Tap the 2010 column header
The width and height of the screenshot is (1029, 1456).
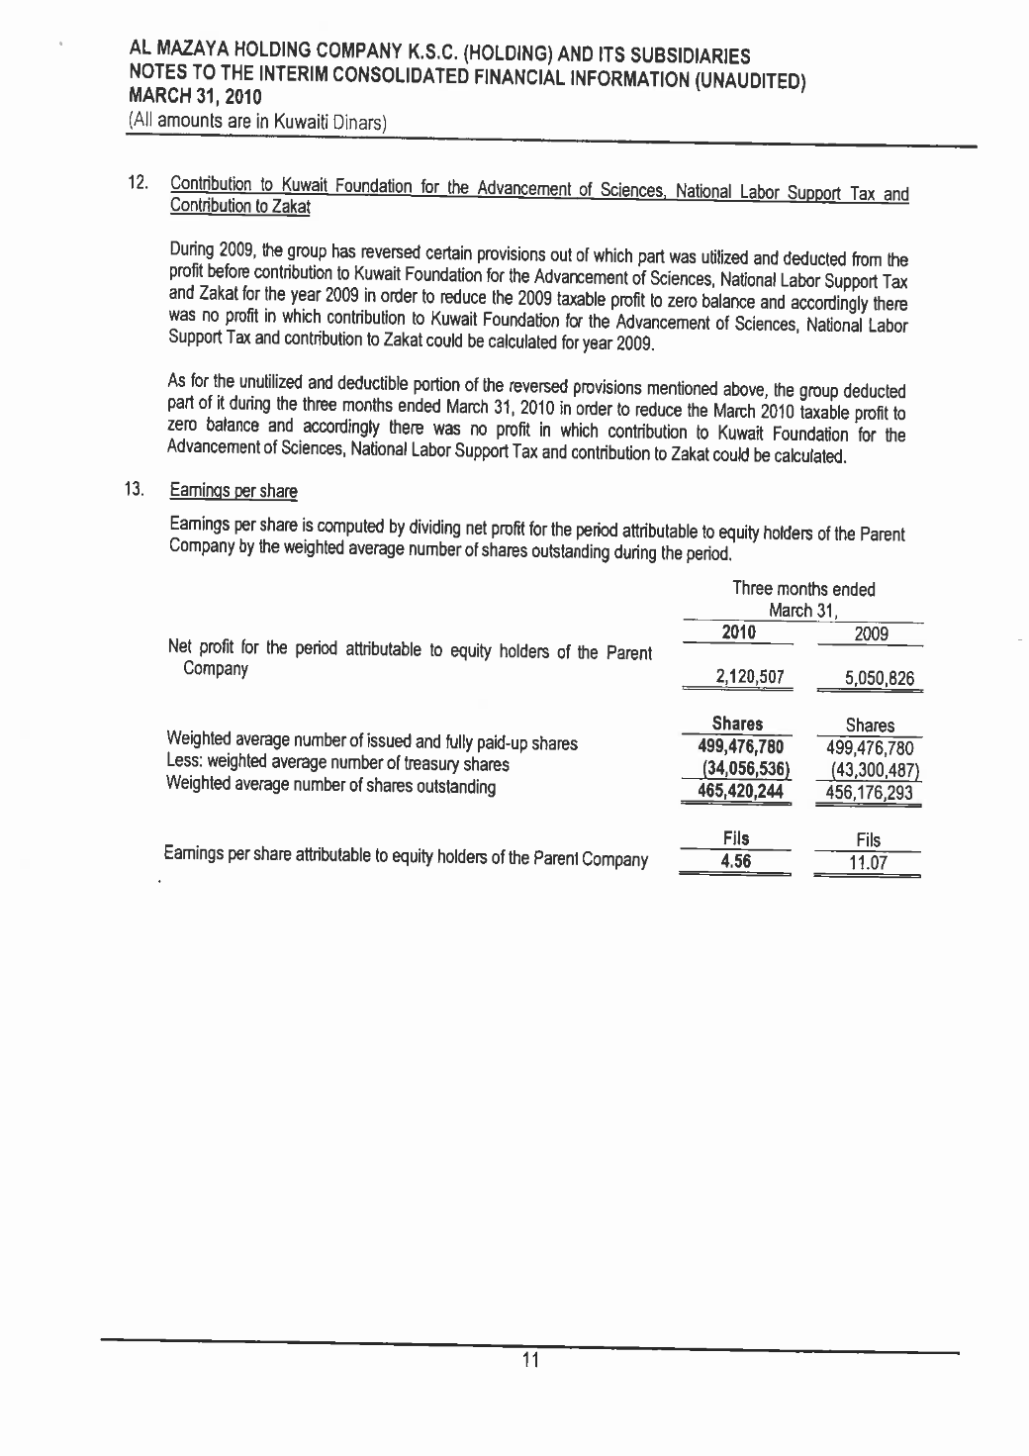point(739,632)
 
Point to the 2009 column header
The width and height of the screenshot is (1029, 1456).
point(871,634)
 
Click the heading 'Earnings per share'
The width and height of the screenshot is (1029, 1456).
point(234,490)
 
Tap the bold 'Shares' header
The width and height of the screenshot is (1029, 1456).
point(737,724)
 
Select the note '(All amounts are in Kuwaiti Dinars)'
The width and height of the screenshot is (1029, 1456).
point(256,122)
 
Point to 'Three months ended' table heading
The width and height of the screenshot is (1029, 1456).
point(803,589)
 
